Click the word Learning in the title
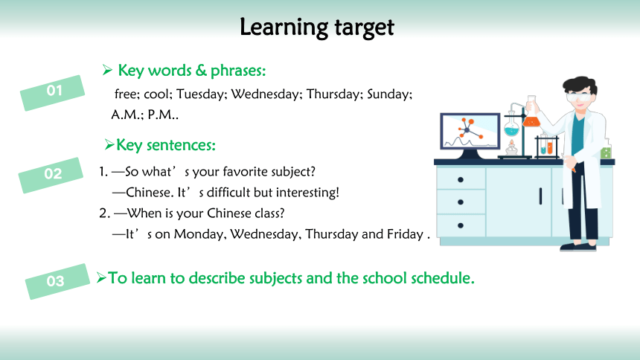[x=284, y=28]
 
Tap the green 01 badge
[x=53, y=93]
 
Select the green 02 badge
[x=51, y=175]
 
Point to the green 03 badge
[x=57, y=282]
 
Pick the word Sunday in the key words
[x=390, y=94]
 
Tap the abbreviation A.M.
[x=127, y=115]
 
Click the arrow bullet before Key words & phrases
[x=107, y=70]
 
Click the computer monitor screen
[x=470, y=132]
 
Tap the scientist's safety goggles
[x=578, y=97]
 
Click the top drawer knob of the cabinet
[x=461, y=179]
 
